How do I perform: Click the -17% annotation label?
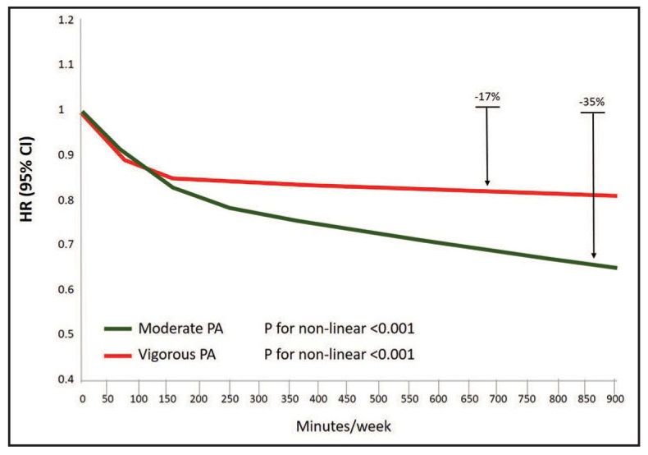point(487,97)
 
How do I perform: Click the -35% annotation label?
point(592,103)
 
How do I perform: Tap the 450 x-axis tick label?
point(349,398)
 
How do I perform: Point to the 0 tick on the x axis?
point(82,398)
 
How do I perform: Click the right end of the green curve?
point(615,268)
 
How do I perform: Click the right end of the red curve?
point(615,195)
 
